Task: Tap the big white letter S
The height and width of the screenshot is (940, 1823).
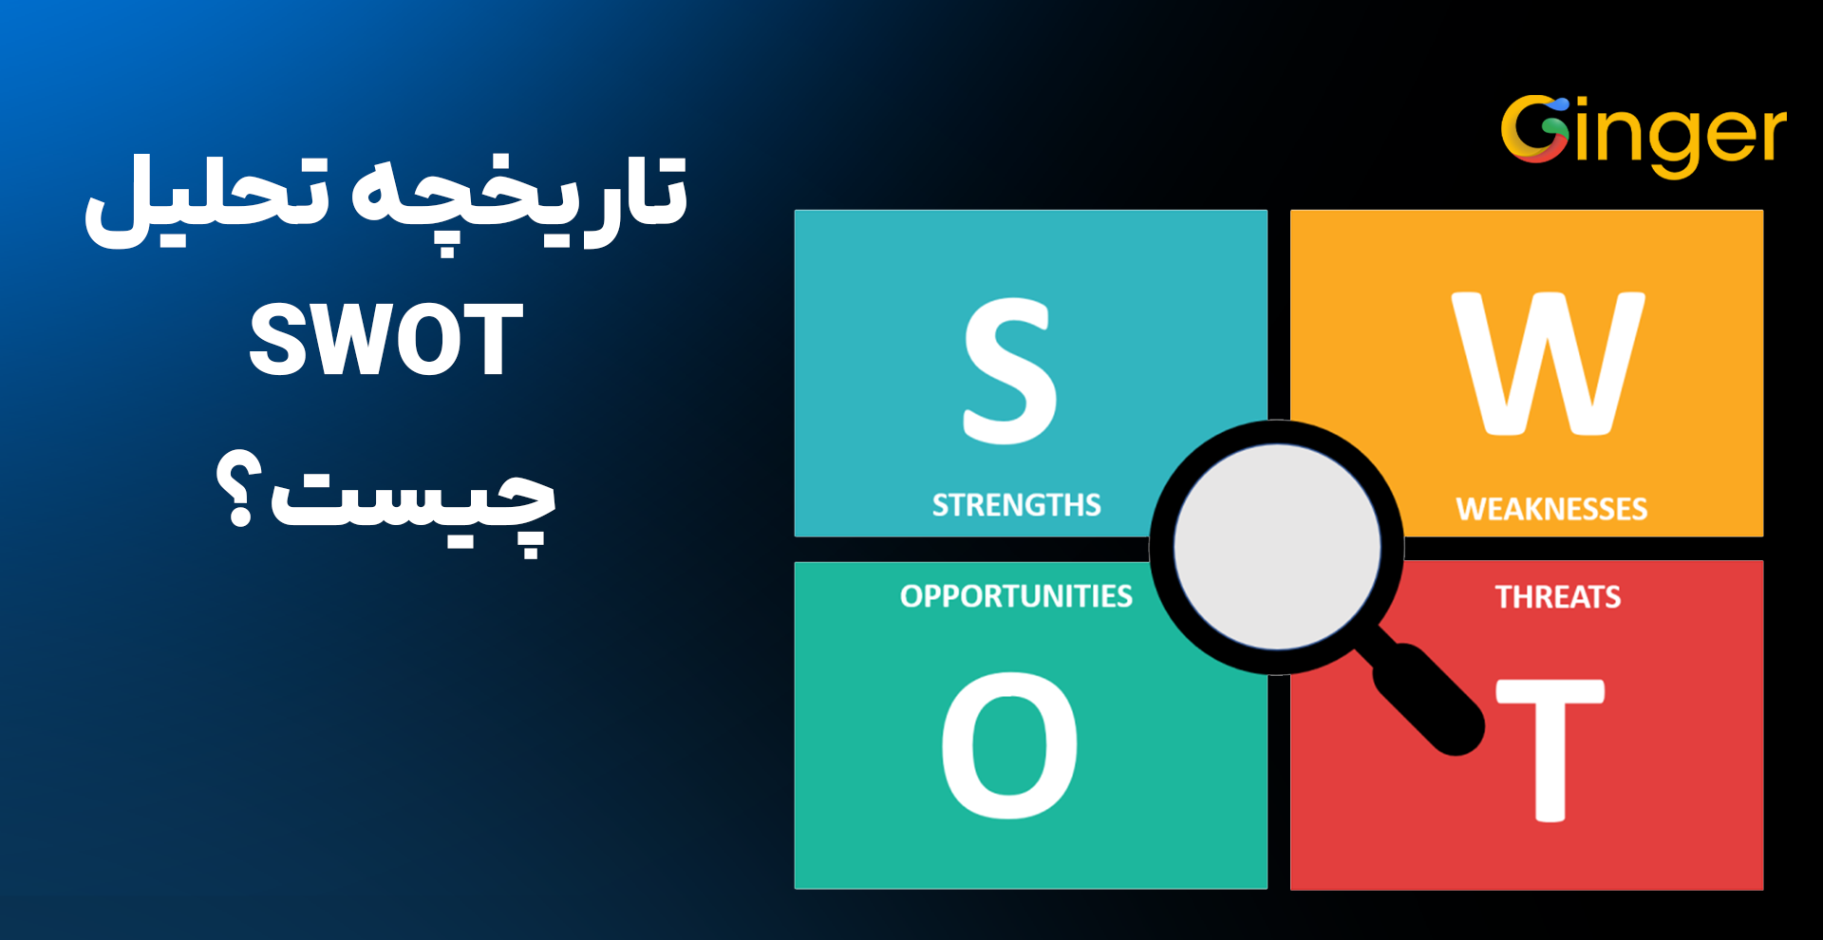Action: (x=1009, y=371)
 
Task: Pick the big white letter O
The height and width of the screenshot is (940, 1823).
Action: (x=1009, y=745)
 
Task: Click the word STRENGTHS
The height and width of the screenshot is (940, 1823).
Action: (x=1016, y=505)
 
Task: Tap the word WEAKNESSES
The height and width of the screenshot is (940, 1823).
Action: (x=1551, y=510)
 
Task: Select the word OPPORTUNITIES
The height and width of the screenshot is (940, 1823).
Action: (x=1016, y=596)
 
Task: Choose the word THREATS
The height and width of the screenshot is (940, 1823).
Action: (x=1558, y=597)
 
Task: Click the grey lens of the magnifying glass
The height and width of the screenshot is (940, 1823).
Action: (x=1277, y=547)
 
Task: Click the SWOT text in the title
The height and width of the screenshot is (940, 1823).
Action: (x=385, y=341)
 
